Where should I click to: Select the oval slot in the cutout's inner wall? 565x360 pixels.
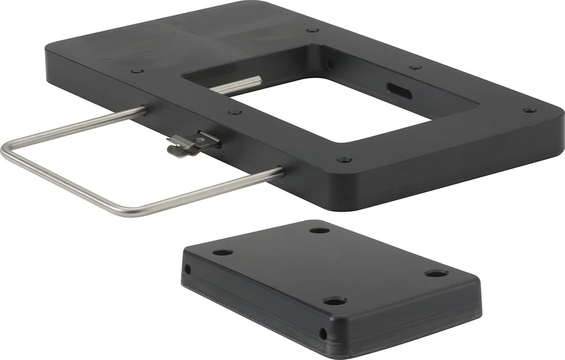point(396,90)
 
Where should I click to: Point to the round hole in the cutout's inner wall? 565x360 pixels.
point(329,65)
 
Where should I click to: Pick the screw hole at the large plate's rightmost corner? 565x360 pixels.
point(528,110)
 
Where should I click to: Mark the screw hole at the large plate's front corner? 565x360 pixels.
point(344,160)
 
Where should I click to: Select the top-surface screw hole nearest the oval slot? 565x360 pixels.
point(416,68)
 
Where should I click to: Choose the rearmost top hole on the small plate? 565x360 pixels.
point(319,230)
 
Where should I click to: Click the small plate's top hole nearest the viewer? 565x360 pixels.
point(335,301)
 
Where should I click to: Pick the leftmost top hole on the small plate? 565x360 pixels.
point(223,252)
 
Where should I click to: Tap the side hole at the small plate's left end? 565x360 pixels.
point(187,269)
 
